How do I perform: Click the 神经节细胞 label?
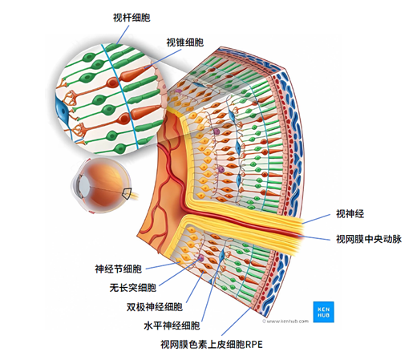[x=118, y=269]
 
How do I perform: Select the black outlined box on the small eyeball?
[x=126, y=193]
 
